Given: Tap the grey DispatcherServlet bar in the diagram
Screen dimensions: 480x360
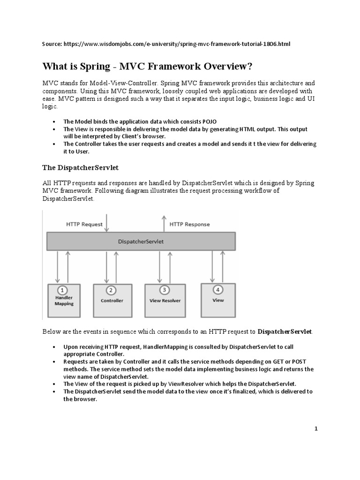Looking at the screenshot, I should pyautogui.click(x=141, y=241).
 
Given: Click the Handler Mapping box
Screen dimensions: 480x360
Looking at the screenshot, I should pyautogui.click(x=64, y=300).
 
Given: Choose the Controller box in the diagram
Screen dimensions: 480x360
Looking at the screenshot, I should pyautogui.click(x=112, y=300).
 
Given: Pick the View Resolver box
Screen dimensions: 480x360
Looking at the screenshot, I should pyautogui.click(x=164, y=300).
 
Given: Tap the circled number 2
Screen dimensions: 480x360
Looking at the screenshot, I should pyautogui.click(x=112, y=290).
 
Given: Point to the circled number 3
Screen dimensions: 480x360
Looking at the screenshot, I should pyautogui.click(x=164, y=290).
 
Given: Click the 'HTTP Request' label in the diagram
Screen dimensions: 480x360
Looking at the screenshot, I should pyautogui.click(x=84, y=224).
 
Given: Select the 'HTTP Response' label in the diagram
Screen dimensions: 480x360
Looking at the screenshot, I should pyautogui.click(x=189, y=224).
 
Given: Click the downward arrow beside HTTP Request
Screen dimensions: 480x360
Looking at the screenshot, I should pyautogui.click(x=107, y=223).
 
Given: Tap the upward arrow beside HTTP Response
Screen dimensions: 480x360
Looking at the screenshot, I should pyautogui.click(x=164, y=223).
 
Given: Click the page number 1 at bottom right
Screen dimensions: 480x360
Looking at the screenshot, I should pyautogui.click(x=316, y=428).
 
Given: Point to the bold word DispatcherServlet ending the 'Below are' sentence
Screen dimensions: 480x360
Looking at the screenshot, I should pyautogui.click(x=285, y=331).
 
